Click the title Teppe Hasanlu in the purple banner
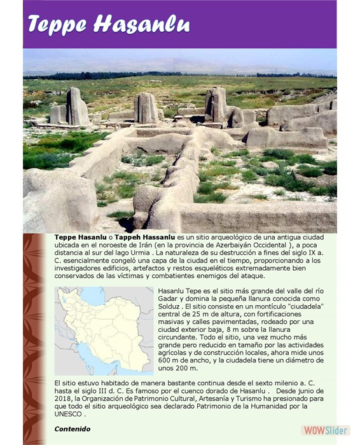pos(108,25)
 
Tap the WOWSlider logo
pos(325,430)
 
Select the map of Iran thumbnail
pos(103,331)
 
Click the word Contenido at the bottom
pos(72,429)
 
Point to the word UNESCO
pos(69,414)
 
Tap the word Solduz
pos(171,314)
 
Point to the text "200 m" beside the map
pos(186,367)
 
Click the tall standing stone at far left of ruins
pos(76,106)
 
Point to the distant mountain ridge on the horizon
pos(191,66)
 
